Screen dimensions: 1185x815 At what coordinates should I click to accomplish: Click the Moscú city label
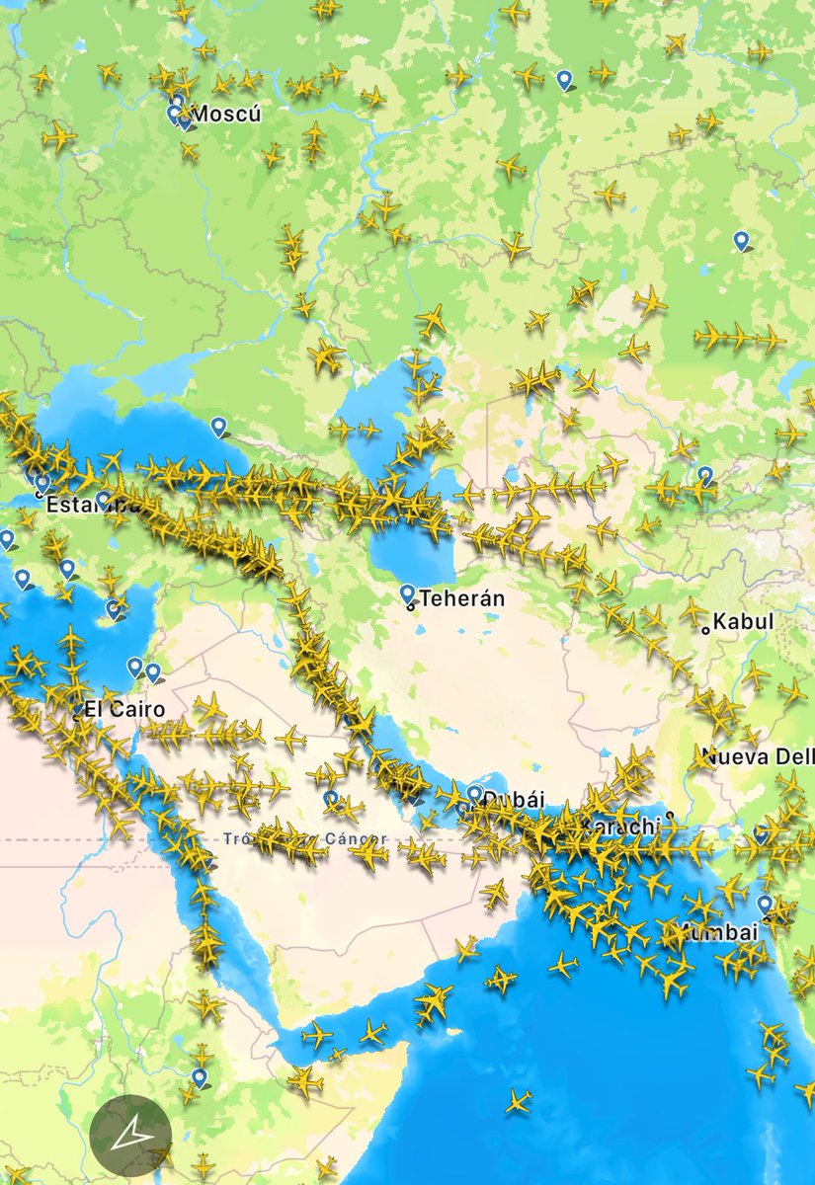tap(225, 115)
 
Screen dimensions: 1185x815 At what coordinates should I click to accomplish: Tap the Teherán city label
tap(462, 598)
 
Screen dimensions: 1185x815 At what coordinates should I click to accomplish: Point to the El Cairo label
tap(124, 709)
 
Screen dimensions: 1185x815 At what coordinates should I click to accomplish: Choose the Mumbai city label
tap(716, 932)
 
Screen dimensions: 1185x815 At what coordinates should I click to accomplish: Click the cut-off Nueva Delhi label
tap(757, 757)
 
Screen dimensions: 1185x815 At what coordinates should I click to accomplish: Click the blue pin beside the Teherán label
tap(407, 593)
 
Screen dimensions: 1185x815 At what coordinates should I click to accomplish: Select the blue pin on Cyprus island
tap(114, 609)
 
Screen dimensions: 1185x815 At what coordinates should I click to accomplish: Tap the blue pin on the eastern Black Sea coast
tap(218, 426)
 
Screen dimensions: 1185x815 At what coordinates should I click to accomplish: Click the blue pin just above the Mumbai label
tap(765, 904)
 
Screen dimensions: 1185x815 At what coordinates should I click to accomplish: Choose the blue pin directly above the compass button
tap(200, 1076)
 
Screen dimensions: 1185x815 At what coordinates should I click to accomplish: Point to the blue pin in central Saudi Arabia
tap(331, 798)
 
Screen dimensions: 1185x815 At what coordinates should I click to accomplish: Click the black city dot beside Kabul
tap(705, 629)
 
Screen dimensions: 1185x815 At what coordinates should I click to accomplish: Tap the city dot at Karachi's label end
tap(670, 816)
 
